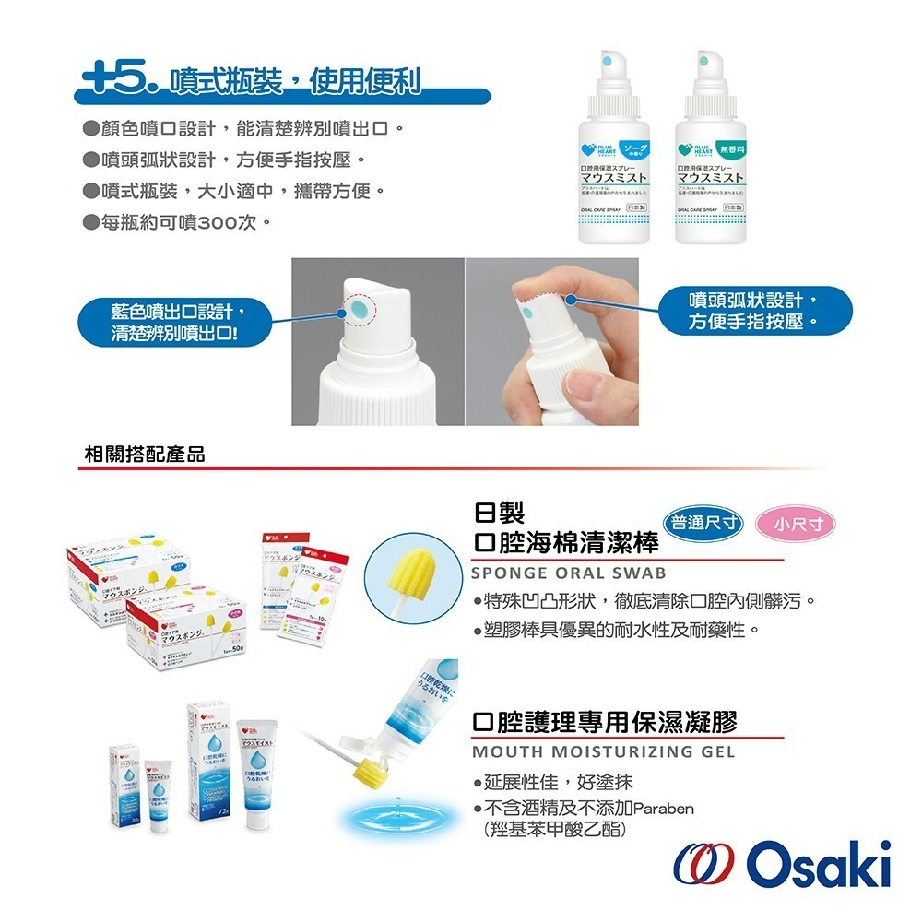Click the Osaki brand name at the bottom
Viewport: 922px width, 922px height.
819,864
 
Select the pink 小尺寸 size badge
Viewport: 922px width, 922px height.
794,525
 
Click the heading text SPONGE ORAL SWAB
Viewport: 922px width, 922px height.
569,573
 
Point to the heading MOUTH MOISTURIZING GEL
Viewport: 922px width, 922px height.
603,751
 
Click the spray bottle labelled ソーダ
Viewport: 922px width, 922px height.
614,152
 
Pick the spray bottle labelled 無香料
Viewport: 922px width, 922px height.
710,152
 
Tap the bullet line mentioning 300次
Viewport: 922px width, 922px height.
175,223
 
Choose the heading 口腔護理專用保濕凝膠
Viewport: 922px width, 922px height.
604,721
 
